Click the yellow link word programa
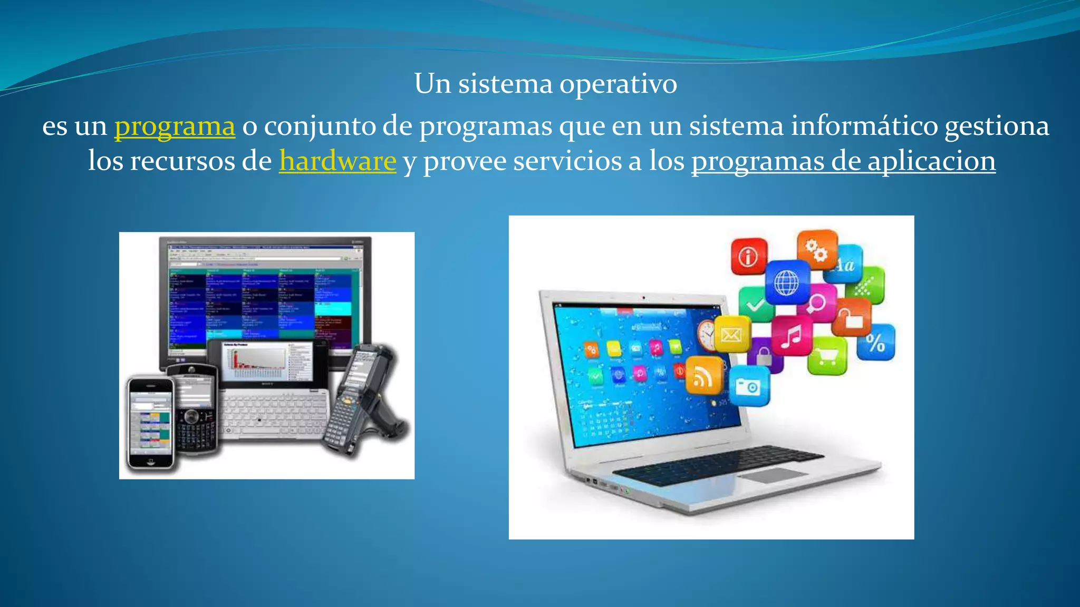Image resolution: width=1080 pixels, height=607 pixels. (175, 126)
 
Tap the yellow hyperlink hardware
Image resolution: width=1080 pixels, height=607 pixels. (337, 161)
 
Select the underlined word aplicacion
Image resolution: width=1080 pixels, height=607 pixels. (931, 161)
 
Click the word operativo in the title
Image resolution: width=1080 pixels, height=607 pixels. (618, 84)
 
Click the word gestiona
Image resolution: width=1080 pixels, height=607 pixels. (996, 126)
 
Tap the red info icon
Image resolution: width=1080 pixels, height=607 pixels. (748, 257)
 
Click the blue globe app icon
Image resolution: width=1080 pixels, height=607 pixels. (787, 283)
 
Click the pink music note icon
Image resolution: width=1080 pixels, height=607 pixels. (791, 336)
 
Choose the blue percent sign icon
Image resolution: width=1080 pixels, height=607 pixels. (875, 343)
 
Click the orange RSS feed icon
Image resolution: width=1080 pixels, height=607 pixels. (703, 376)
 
